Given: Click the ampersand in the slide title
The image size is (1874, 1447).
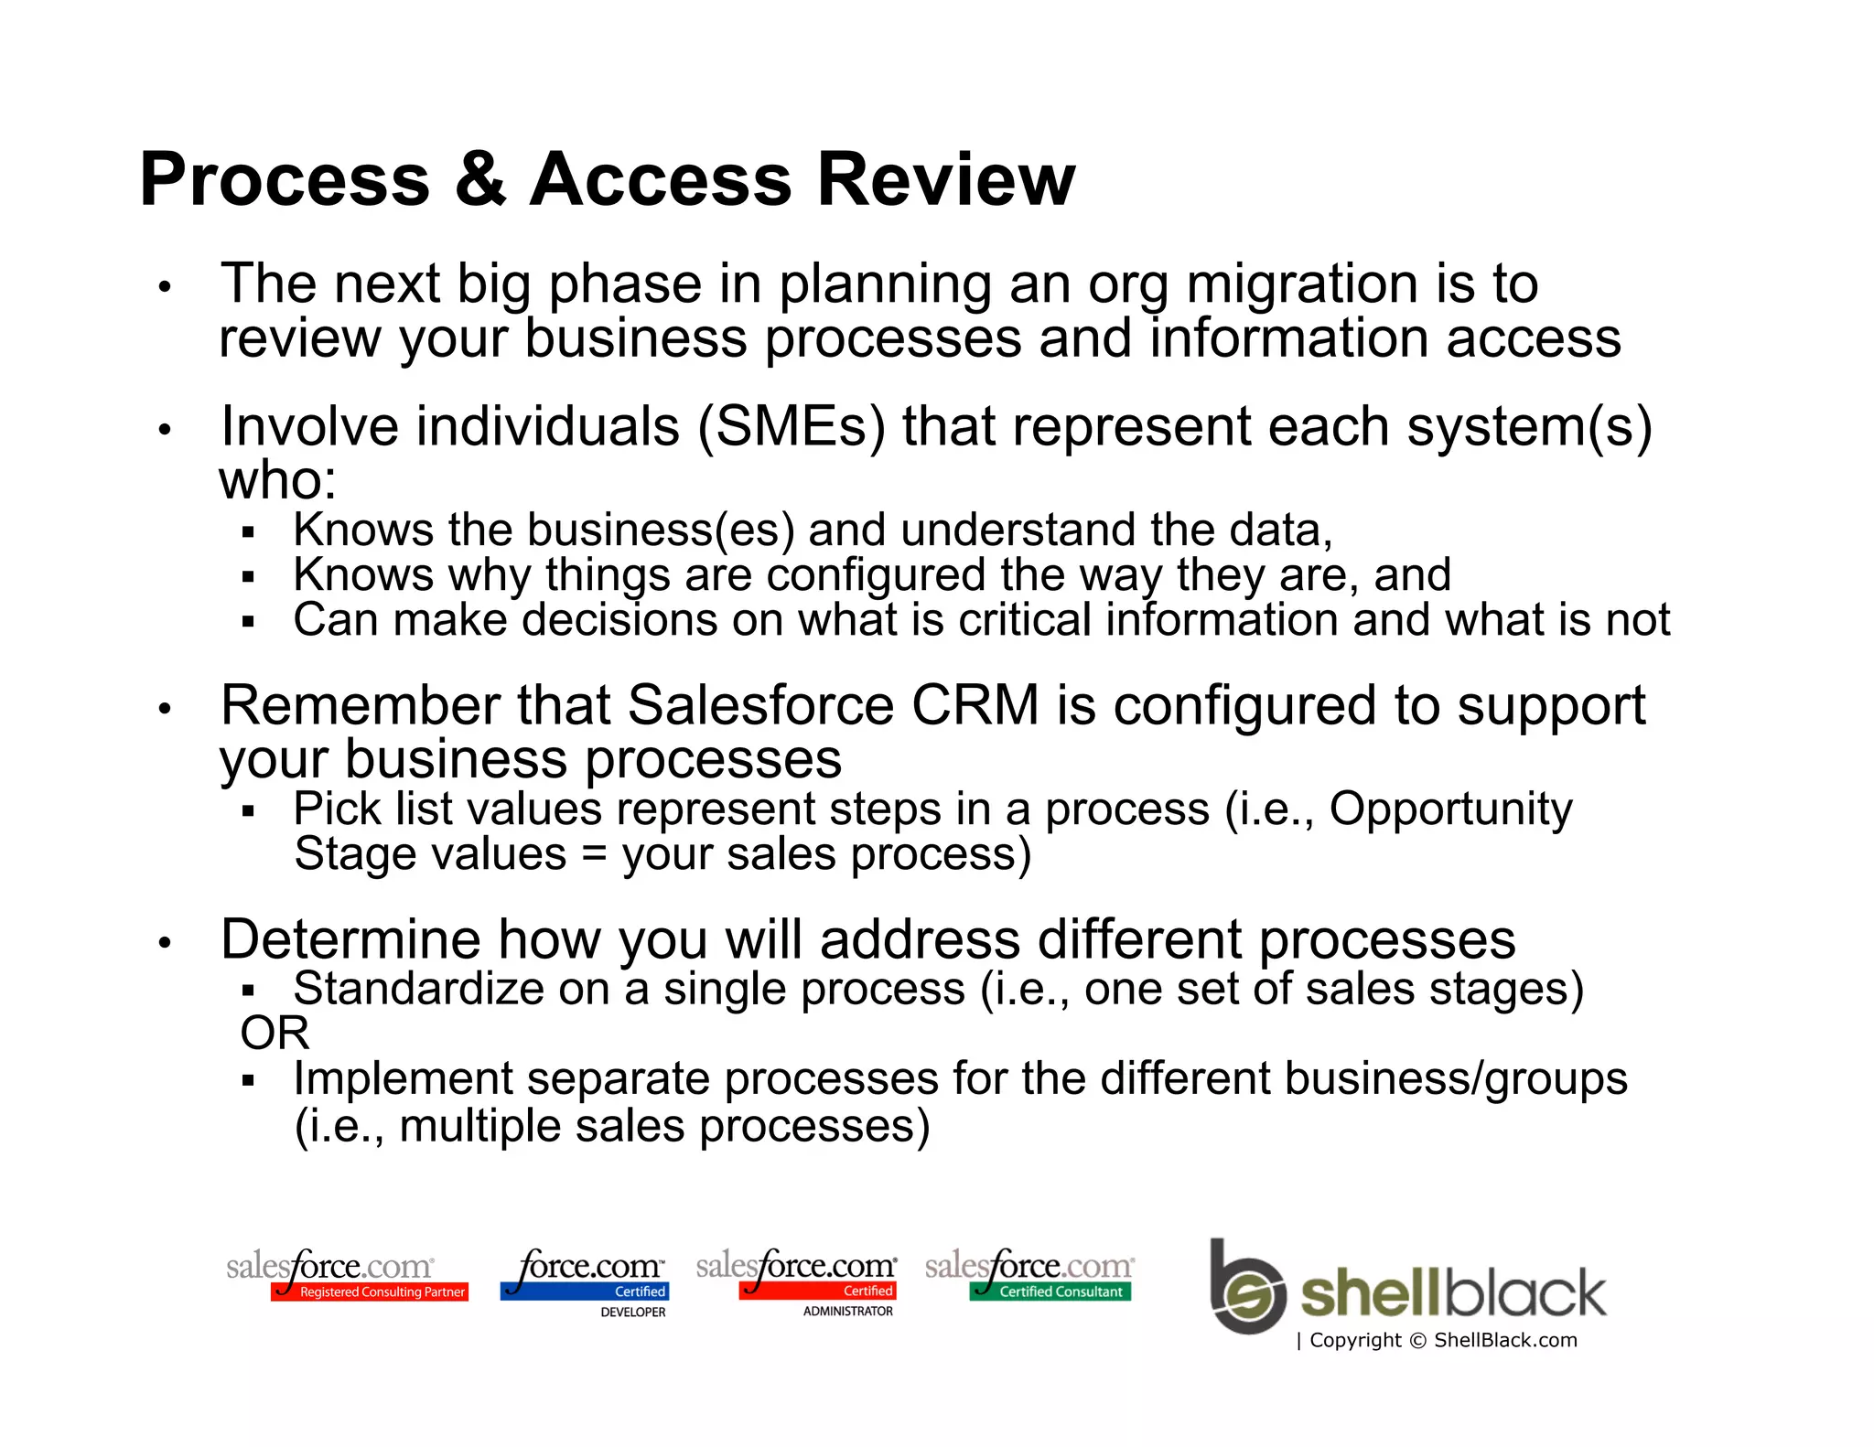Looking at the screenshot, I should point(479,179).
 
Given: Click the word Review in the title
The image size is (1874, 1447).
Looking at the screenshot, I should point(945,179).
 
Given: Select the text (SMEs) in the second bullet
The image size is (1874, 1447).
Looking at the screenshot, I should point(792,427).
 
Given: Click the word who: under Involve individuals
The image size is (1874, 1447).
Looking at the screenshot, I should point(277,480).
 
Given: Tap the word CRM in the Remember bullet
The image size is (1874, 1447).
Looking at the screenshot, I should point(975,706).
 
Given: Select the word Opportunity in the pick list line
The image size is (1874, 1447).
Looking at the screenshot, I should point(1450,809).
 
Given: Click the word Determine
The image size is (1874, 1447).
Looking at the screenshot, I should point(350,940).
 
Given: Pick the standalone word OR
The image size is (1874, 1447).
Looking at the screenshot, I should point(275,1034).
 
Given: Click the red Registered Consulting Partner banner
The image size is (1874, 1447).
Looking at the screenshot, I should point(370,1292).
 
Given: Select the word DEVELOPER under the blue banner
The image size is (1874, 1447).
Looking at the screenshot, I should point(632,1312).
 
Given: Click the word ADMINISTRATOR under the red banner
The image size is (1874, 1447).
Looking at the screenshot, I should point(847,1311).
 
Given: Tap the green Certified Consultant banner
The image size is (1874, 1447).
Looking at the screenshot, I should point(1050,1292).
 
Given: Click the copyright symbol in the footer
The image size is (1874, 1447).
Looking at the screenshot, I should point(1417,1341).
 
